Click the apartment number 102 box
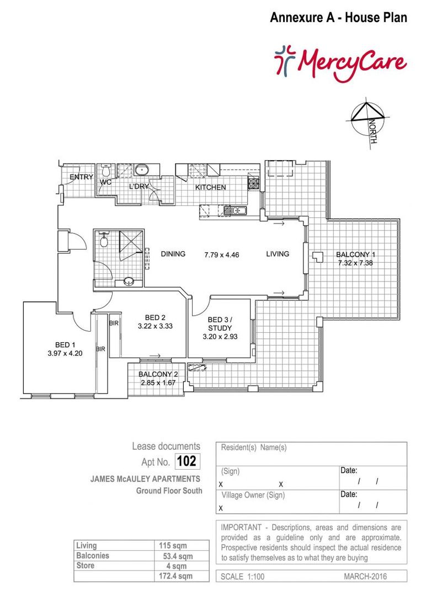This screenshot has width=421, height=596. [186, 461]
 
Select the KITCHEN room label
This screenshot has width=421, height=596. [210, 188]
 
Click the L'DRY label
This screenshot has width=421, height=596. [138, 187]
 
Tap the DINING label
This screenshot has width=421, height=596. [173, 254]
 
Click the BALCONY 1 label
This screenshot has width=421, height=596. [356, 254]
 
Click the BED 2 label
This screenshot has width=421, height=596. [155, 317]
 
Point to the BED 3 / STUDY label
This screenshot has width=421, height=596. [220, 324]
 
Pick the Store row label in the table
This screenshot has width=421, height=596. [86, 566]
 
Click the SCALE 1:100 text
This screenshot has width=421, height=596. [243, 577]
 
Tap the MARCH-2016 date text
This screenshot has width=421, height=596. [365, 577]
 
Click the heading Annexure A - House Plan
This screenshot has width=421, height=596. [338, 18]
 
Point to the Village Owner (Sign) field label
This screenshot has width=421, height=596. [253, 495]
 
